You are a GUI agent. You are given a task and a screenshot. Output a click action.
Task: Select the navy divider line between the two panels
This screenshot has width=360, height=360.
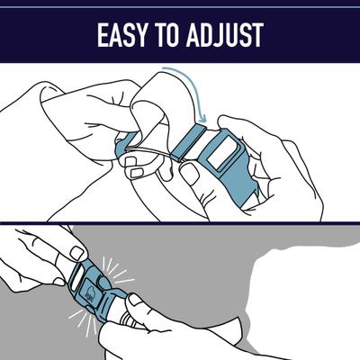click(180, 222)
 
